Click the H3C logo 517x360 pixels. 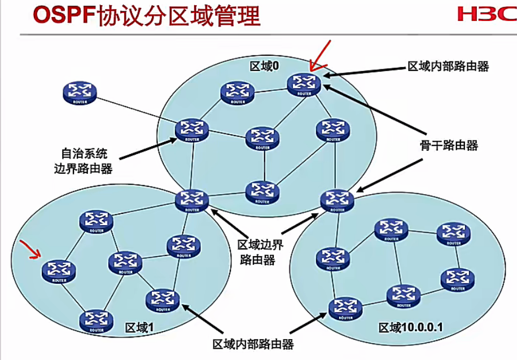click(486, 14)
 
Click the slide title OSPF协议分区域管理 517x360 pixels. click(147, 16)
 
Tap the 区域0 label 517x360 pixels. click(265, 66)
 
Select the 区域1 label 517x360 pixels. click(139, 327)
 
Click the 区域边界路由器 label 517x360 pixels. click(260, 252)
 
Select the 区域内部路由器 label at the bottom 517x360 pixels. click(253, 344)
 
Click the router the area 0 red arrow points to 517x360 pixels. click(304, 84)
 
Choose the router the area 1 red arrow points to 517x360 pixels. click(59, 271)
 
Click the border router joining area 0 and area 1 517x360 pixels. click(192, 200)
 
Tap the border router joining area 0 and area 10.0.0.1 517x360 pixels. click(338, 200)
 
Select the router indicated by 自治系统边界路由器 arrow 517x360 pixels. click(192, 130)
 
